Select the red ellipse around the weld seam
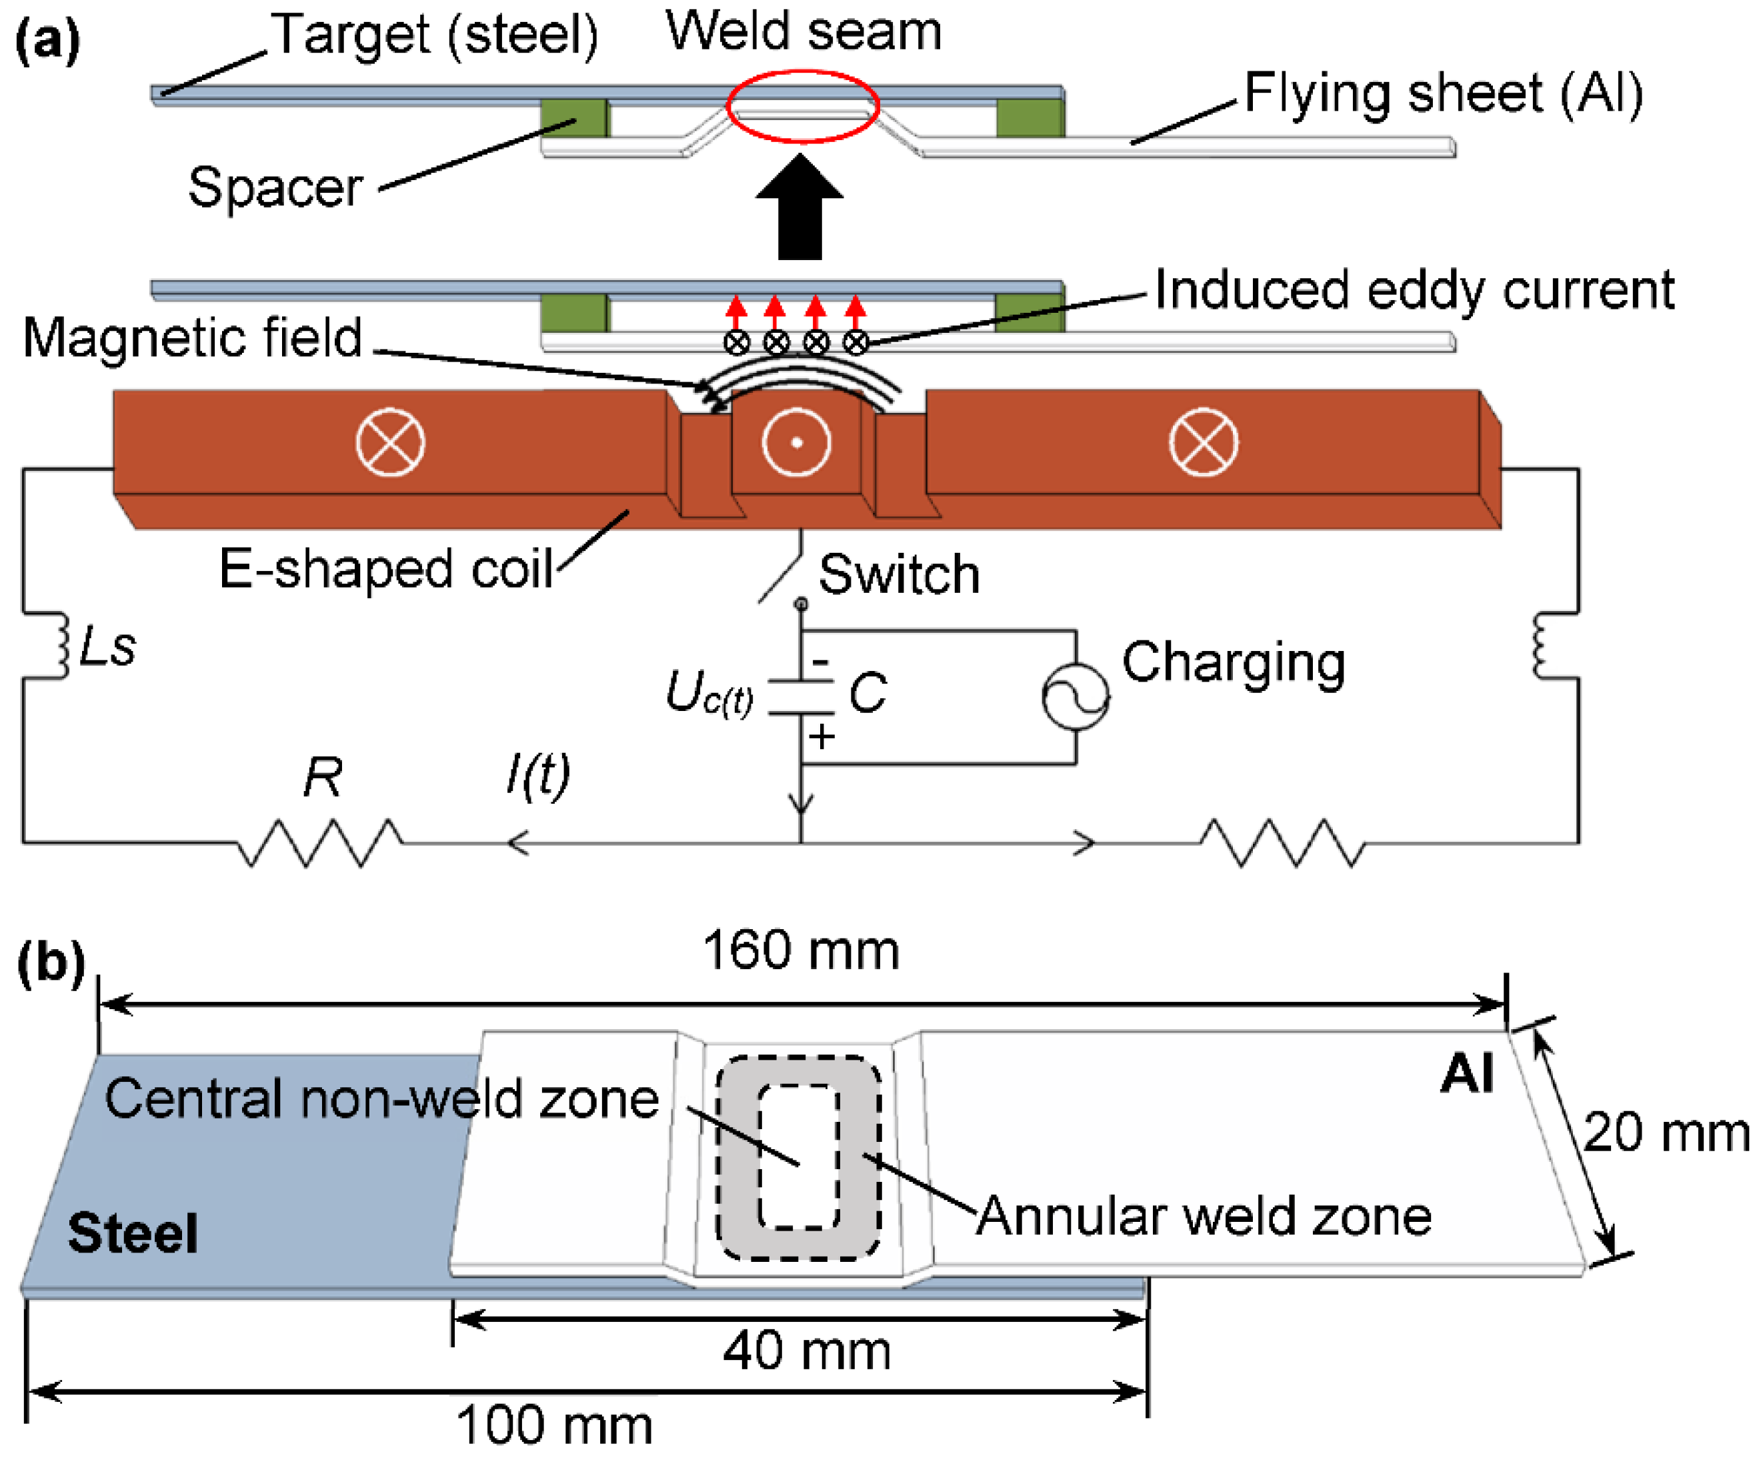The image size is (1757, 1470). (x=802, y=73)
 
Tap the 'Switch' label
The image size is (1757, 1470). (x=900, y=575)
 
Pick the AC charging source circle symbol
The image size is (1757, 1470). (x=1076, y=697)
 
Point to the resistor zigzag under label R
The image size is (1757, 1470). (x=321, y=842)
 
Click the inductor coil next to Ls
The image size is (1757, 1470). (x=62, y=645)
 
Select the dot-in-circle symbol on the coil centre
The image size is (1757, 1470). (x=797, y=443)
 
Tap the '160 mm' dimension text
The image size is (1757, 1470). (x=801, y=950)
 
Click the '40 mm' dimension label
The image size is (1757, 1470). (x=807, y=1351)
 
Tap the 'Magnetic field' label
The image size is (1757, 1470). (x=193, y=338)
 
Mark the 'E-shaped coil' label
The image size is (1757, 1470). (x=385, y=570)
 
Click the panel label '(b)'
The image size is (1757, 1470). (x=50, y=963)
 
